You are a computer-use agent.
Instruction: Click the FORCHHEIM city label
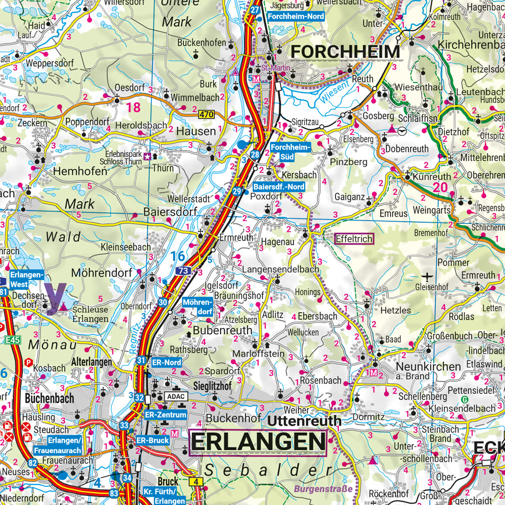(x=346, y=52)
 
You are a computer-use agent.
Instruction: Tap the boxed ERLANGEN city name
(x=258, y=442)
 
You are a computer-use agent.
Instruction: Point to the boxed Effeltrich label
(x=354, y=239)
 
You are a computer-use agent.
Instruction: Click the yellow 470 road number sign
(x=206, y=115)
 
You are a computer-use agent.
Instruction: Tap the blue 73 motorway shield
(x=183, y=271)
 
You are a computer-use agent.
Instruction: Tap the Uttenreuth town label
(x=305, y=420)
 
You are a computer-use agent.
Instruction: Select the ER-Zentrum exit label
(x=166, y=415)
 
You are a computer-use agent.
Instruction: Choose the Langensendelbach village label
(x=281, y=270)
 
